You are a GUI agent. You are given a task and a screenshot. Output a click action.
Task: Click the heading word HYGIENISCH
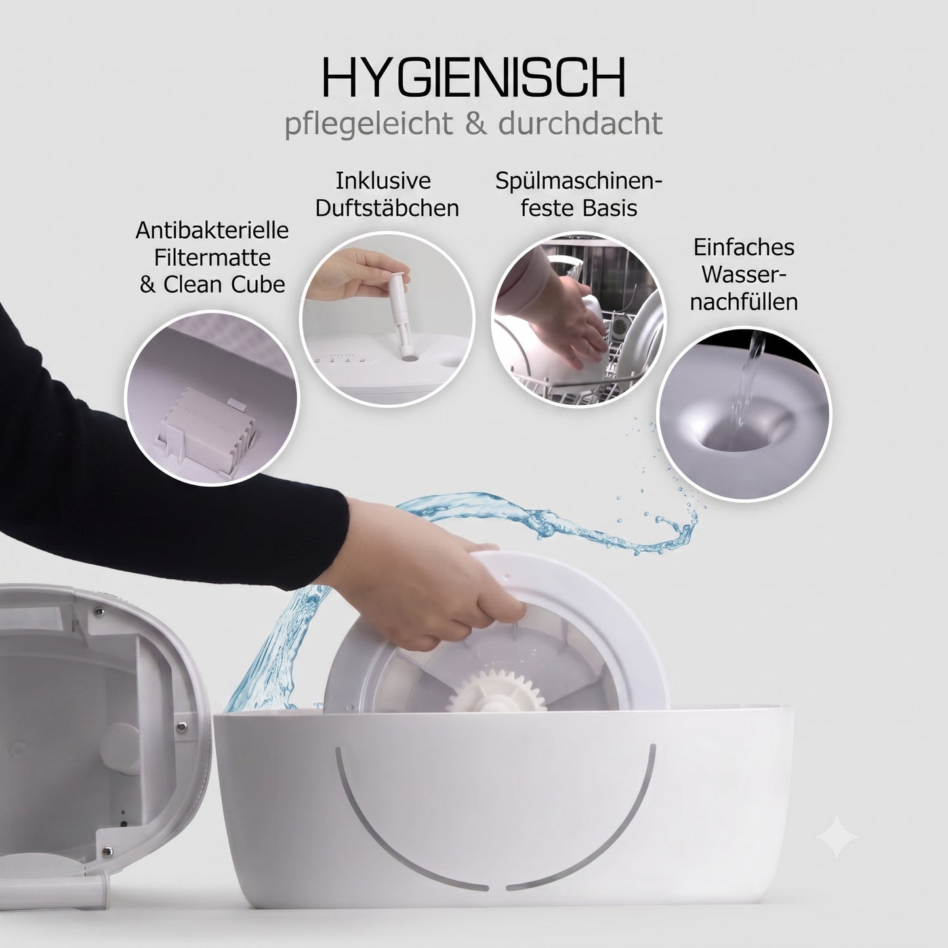coord(474,79)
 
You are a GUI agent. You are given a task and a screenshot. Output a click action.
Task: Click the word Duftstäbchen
coord(387,208)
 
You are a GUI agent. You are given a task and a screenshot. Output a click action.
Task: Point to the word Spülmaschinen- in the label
coord(579,182)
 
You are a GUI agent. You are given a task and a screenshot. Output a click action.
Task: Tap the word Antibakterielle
coord(212,230)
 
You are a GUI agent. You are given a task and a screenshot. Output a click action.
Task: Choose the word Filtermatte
coord(212,257)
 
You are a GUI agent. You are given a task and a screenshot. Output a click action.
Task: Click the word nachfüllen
coord(743,301)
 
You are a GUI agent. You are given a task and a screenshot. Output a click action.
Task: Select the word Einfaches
coord(744,247)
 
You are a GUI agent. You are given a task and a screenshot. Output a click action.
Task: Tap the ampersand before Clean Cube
coord(147,284)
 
